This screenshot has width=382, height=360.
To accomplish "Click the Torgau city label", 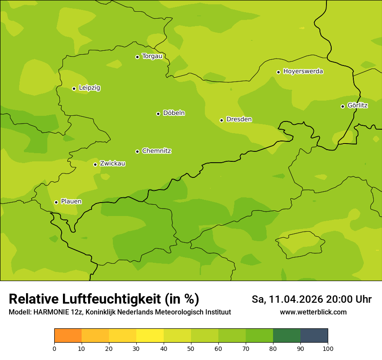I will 152,56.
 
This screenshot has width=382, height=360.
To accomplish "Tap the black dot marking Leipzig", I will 74,88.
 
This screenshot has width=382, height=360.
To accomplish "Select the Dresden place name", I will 239,119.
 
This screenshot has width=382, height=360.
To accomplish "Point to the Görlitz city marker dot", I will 342,106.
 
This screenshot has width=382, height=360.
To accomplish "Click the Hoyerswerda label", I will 303,72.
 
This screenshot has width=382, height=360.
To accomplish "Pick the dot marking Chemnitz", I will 137,151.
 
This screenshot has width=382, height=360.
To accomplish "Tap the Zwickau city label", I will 112,164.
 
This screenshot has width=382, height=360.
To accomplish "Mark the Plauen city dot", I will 56,202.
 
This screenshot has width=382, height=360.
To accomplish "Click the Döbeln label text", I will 174,113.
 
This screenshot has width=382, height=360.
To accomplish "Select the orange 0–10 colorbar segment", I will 68,336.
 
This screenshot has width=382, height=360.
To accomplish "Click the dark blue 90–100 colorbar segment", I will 314,336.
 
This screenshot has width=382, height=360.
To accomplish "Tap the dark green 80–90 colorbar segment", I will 286,336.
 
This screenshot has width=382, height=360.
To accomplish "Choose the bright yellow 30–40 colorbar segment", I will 150,336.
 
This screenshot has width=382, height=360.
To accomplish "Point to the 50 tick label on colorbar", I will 191,348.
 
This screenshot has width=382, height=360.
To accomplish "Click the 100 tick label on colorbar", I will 328,348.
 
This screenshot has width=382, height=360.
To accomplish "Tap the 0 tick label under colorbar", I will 54,348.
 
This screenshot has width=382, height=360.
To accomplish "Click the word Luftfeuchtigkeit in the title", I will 114,299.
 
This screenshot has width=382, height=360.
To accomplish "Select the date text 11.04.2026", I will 296,299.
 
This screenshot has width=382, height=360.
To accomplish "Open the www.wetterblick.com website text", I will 313,312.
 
